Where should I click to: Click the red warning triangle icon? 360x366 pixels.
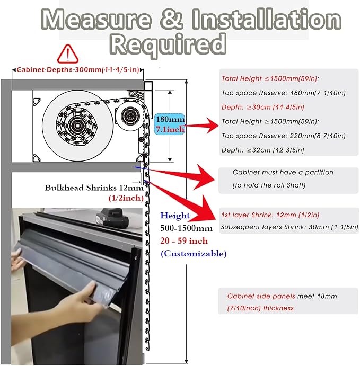[x=67, y=54]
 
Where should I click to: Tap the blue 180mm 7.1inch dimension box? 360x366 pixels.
[x=170, y=124]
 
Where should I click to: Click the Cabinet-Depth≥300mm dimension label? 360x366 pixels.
[x=78, y=69]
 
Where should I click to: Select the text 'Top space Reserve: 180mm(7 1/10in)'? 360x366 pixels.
[x=283, y=93]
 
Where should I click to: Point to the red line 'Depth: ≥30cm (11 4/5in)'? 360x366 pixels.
[x=263, y=107]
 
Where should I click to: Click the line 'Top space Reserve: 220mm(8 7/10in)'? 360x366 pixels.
[x=283, y=136]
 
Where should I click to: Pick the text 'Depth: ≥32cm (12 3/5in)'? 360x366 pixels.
[x=263, y=150]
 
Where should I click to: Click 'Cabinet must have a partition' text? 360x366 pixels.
[x=283, y=172]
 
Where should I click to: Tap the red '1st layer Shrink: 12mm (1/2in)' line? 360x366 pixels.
[x=270, y=215]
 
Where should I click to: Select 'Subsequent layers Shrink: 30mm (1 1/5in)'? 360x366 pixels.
[x=289, y=227]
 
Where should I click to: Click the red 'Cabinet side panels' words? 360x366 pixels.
[x=261, y=296]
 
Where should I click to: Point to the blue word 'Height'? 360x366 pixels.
[x=175, y=216]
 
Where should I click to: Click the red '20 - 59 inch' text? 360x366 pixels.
[x=184, y=241]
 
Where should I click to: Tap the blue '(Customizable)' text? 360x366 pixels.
[x=194, y=254]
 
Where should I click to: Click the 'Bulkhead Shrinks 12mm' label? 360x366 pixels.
[x=94, y=188]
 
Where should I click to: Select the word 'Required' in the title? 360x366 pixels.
[x=168, y=44]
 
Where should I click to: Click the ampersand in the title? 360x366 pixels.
[x=171, y=19]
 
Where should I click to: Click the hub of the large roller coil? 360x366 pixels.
[x=77, y=126]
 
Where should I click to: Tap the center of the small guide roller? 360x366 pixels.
[x=130, y=115]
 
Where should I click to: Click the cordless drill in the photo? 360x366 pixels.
[x=112, y=218]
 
